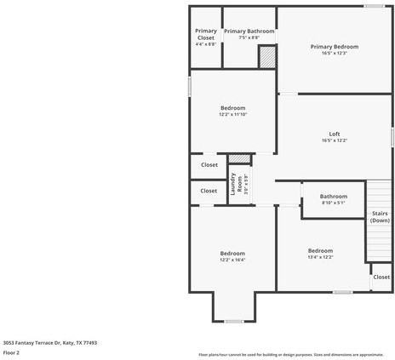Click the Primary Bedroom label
click(334, 47)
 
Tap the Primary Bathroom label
click(249, 31)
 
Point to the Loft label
click(334, 134)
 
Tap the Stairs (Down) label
click(380, 217)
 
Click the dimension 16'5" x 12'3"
click(334, 54)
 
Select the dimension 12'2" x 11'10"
click(232, 115)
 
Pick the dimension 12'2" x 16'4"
click(232, 260)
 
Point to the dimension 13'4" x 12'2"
click(320, 257)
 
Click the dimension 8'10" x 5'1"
click(334, 203)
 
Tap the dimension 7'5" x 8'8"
click(249, 37)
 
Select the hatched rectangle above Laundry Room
click(240, 159)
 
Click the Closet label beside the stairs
click(381, 277)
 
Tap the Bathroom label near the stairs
click(334, 196)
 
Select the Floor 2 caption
click(11, 352)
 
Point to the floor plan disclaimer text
click(290, 354)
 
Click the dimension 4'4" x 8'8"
click(205, 44)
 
